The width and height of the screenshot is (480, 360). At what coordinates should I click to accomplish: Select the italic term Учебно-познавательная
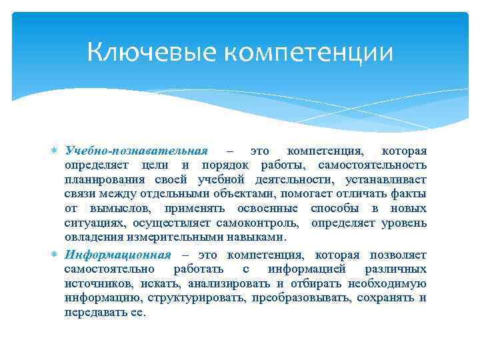[x=137, y=151]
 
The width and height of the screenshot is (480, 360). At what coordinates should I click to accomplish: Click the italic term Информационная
[x=118, y=255]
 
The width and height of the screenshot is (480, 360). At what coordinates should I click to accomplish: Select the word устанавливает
[x=386, y=180]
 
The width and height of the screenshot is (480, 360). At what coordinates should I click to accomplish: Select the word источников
[x=100, y=283]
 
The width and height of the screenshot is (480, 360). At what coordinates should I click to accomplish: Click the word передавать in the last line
[x=95, y=312]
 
